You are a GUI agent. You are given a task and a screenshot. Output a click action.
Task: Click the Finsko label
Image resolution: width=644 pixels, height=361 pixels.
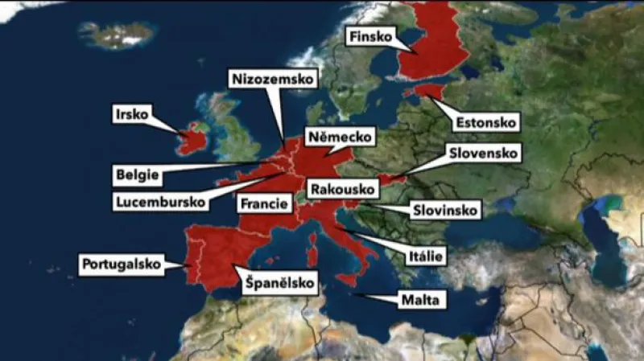tap(371, 37)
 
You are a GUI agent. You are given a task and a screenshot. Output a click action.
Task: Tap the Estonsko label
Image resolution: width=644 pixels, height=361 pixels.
tap(485, 123)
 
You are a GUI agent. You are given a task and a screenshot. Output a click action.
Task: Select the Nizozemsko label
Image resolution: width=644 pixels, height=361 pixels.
tap(275, 79)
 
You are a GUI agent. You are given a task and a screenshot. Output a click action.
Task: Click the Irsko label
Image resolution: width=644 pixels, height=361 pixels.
tap(132, 114)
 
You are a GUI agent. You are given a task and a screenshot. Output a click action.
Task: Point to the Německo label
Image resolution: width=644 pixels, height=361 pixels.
tap(339, 137)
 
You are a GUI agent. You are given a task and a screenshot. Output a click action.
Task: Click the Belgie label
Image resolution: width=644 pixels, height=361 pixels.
tap(137, 174)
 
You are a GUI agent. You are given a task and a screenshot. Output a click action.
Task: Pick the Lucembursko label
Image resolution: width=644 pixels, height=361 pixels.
tap(161, 202)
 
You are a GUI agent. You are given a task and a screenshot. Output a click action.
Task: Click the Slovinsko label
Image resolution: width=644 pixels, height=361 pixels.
tap(445, 211)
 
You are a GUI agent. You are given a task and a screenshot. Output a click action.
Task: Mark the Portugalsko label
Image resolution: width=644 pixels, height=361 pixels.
tap(122, 264)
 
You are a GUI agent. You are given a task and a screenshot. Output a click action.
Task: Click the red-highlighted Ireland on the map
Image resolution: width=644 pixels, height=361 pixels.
tap(192, 140)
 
